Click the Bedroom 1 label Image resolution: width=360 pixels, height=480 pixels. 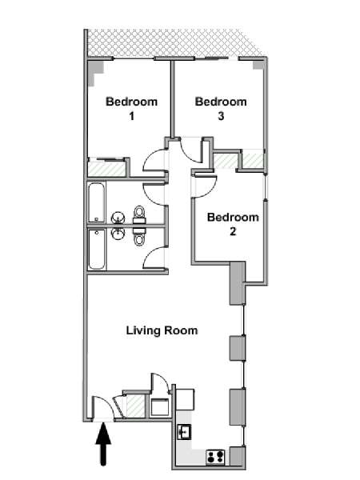pos(132,108)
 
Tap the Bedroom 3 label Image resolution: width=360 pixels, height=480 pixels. pos(221,108)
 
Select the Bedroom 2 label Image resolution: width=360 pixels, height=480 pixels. pos(233,224)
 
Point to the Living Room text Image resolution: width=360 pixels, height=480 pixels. pos(162,330)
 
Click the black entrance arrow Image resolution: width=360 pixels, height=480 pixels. pos(103,444)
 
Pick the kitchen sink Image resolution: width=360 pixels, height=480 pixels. pos(184,432)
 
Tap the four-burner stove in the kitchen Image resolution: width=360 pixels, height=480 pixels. pos(215,457)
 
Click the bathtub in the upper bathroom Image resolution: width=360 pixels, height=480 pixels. pos(97,202)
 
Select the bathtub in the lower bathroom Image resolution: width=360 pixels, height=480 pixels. pos(97,249)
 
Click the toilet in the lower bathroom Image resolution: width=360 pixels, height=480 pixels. pos(139,236)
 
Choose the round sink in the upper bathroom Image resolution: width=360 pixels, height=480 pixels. pos(118,218)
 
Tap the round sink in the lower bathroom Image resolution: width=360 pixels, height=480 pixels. pos(118,234)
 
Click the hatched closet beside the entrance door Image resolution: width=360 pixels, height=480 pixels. pos(136,406)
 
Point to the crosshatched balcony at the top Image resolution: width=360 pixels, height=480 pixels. pos(174,43)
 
